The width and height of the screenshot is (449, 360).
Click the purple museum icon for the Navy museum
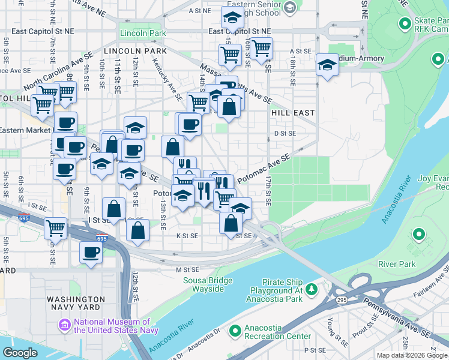(x=65, y=326)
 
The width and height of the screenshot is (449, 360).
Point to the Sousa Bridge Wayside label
(x=204, y=284)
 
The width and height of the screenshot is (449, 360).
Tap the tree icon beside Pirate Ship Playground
(x=311, y=290)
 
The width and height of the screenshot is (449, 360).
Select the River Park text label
(x=397, y=263)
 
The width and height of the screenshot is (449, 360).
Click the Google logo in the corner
(x=20, y=352)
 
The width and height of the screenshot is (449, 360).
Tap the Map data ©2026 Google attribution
(x=412, y=355)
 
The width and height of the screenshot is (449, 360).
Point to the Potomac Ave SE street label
(x=264, y=167)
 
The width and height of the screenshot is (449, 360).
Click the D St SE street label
(x=285, y=133)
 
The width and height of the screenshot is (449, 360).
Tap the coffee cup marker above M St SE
(x=91, y=252)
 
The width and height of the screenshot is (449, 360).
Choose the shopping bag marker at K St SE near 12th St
(x=137, y=230)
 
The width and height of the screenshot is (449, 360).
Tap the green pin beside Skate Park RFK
(x=405, y=25)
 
